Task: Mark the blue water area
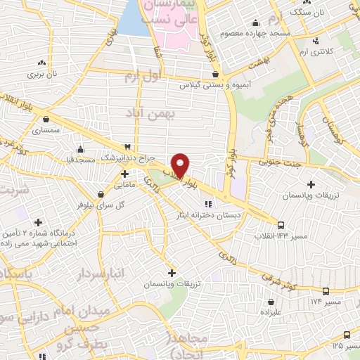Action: coord(129,21)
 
